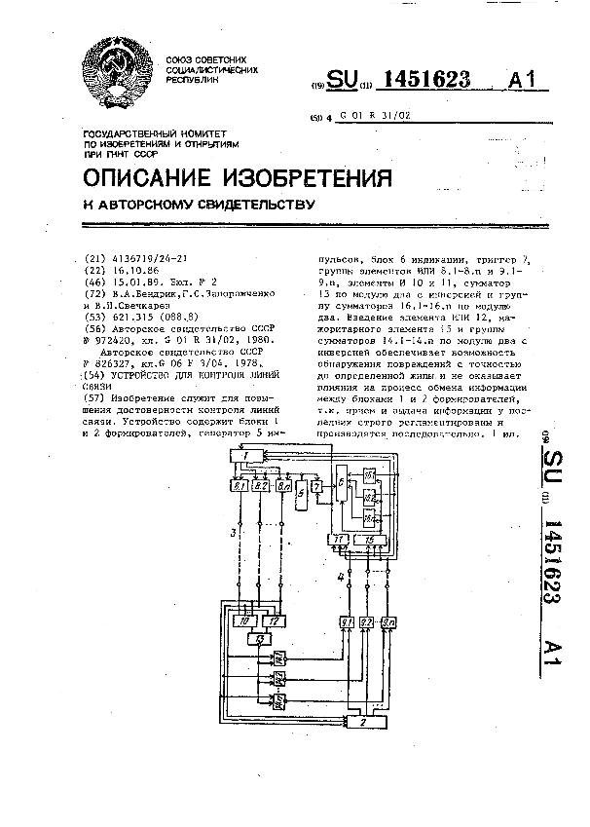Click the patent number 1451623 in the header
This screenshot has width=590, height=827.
click(x=435, y=81)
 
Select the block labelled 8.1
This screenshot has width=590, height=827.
click(x=240, y=483)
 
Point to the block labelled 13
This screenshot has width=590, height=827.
click(x=260, y=638)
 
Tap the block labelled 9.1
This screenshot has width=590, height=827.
click(x=348, y=621)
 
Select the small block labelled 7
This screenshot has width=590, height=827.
click(x=316, y=484)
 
